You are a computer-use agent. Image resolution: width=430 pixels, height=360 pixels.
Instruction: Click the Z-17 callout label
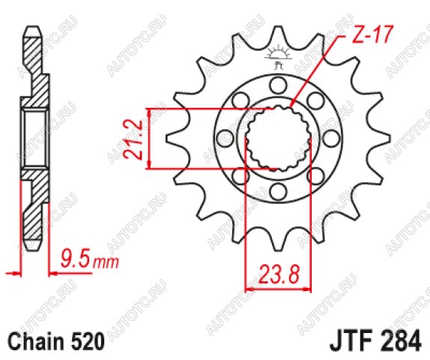click(372, 34)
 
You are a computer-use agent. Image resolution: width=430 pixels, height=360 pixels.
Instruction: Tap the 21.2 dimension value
click(132, 139)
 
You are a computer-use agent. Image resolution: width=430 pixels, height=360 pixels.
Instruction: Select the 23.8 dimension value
click(278, 274)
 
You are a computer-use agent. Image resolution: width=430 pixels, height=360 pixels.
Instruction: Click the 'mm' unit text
click(106, 263)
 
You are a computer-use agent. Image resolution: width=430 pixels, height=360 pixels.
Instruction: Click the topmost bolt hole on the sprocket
click(278, 85)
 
